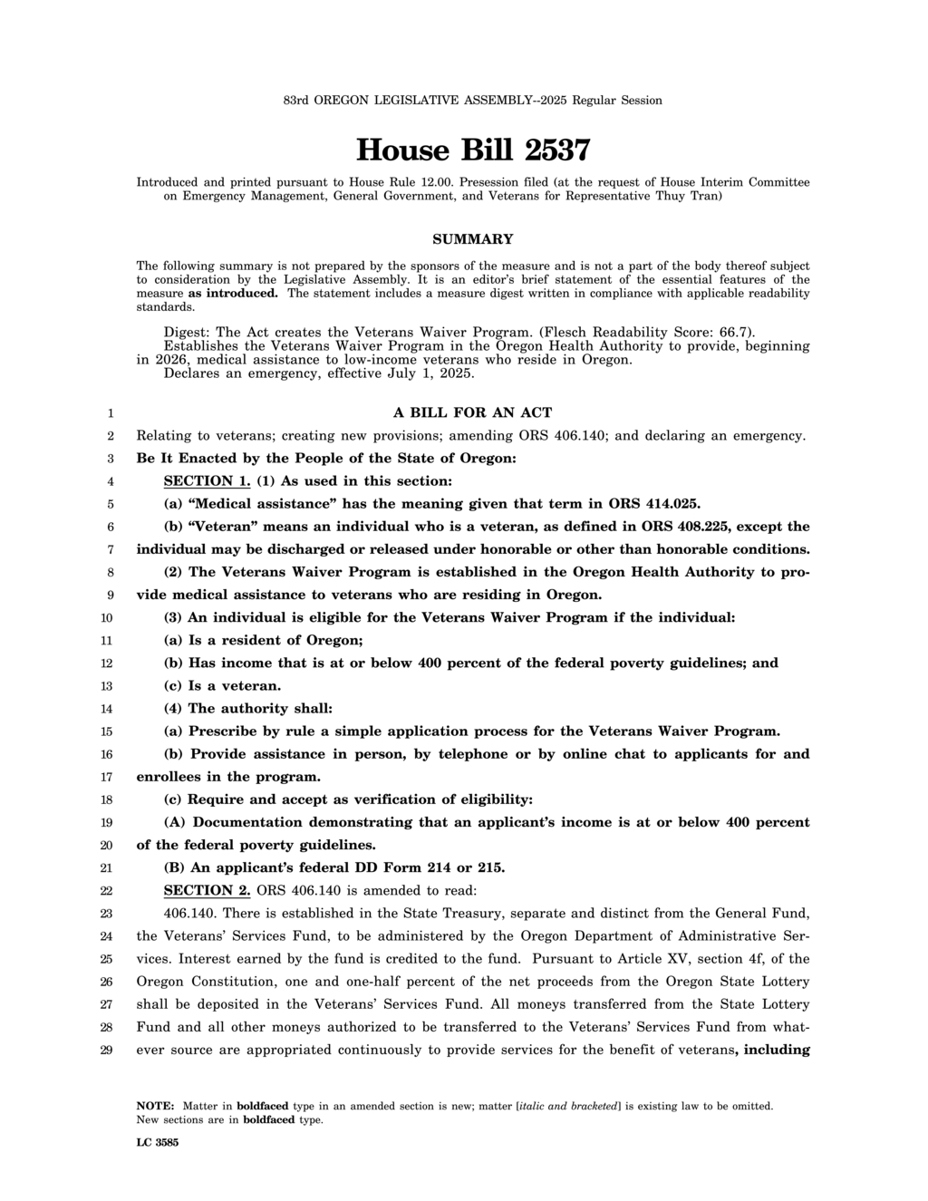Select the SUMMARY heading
(x=472, y=239)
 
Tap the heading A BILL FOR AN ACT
(x=472, y=412)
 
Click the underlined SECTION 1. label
(x=207, y=480)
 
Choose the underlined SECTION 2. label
(x=207, y=890)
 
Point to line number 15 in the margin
(x=106, y=731)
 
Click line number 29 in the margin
(x=106, y=1050)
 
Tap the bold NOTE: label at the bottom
(x=155, y=1106)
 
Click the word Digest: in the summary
(x=188, y=332)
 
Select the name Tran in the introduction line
(x=705, y=196)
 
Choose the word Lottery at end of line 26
(x=786, y=981)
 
